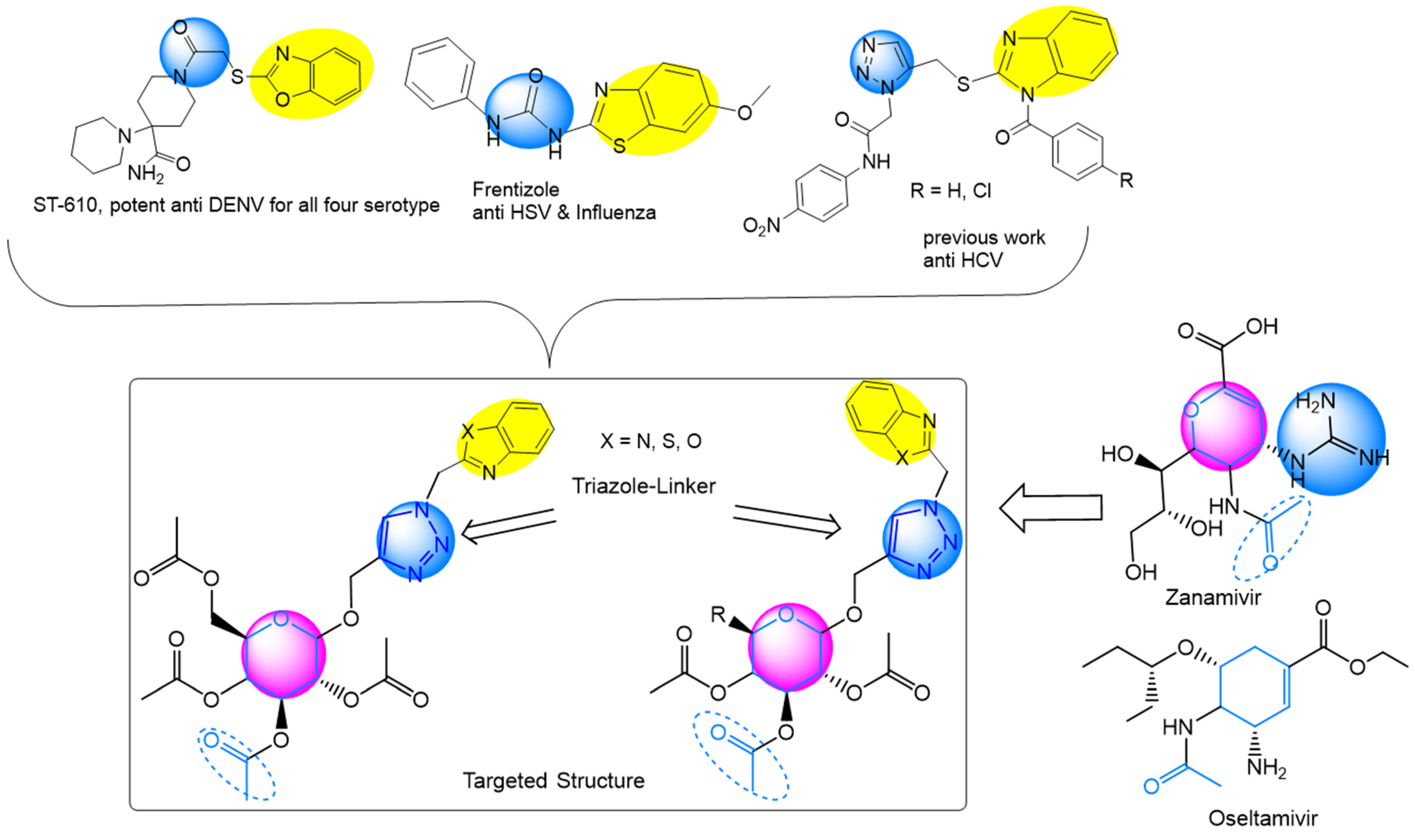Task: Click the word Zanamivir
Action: [1213, 597]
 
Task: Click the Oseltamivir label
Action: [1263, 818]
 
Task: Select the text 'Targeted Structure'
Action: [553, 780]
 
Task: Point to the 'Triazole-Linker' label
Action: [644, 486]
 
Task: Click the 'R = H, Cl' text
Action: [950, 191]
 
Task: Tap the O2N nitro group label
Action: [761, 226]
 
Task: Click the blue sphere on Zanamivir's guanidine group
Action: [1331, 438]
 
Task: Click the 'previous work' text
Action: [984, 238]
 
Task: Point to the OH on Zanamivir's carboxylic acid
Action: [1262, 327]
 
